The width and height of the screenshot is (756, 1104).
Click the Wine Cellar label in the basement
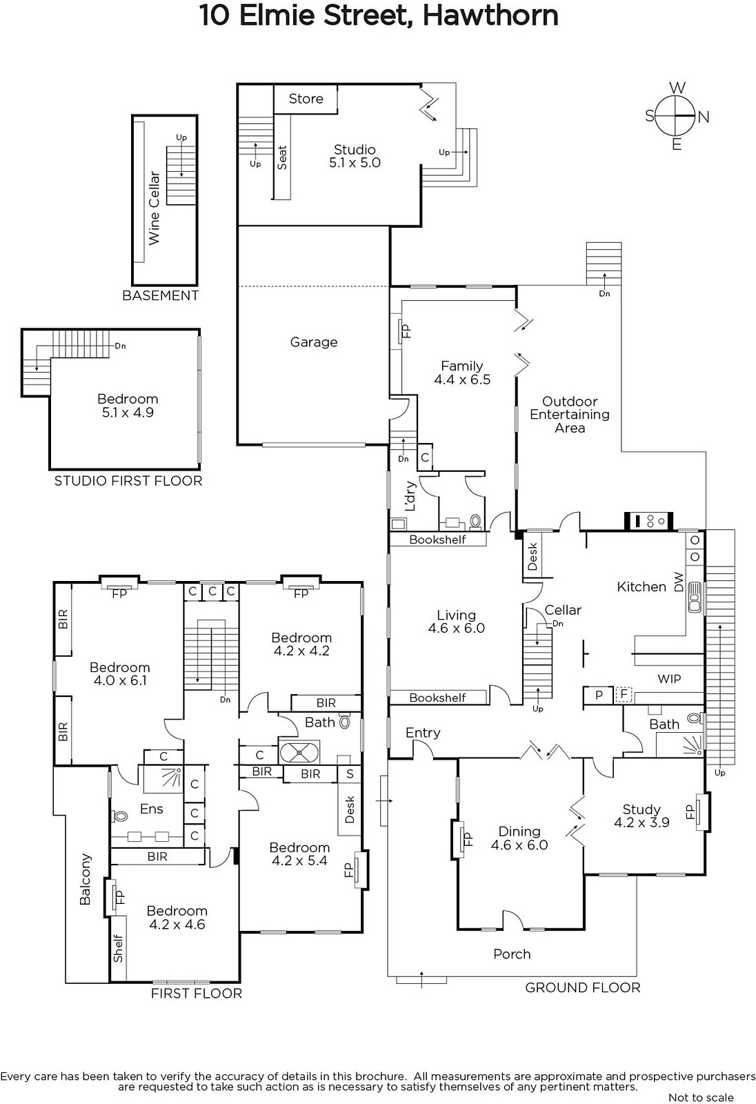pos(155,208)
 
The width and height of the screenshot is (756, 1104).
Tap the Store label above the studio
pos(306,99)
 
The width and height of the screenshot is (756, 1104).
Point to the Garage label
pos(314,342)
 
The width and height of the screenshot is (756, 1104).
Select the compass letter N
pos(704,117)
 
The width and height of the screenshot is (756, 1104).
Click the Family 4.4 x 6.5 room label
pos(462,373)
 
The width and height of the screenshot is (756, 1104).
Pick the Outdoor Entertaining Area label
pos(570,415)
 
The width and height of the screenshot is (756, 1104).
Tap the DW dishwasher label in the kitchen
pos(679,582)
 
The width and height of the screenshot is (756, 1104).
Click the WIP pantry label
pos(669,679)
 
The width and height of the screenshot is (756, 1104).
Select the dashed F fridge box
pos(624,695)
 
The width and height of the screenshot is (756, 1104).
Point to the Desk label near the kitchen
pos(533,556)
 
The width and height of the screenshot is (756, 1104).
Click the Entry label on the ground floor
pos(423,733)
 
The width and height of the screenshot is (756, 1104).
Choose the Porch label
pos(512,954)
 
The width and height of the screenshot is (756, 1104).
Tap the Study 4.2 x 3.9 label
pos(641,816)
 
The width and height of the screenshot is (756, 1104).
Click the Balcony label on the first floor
pos(86,879)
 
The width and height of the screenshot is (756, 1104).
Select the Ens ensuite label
pos(151,809)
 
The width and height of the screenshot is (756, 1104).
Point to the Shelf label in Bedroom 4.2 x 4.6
pos(118,949)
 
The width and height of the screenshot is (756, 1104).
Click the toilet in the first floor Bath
pos(344,722)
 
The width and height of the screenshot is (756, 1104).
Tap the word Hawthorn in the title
pos(490,16)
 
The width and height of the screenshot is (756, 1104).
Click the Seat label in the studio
pos(282,157)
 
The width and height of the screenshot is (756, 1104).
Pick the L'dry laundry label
pos(410,496)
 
